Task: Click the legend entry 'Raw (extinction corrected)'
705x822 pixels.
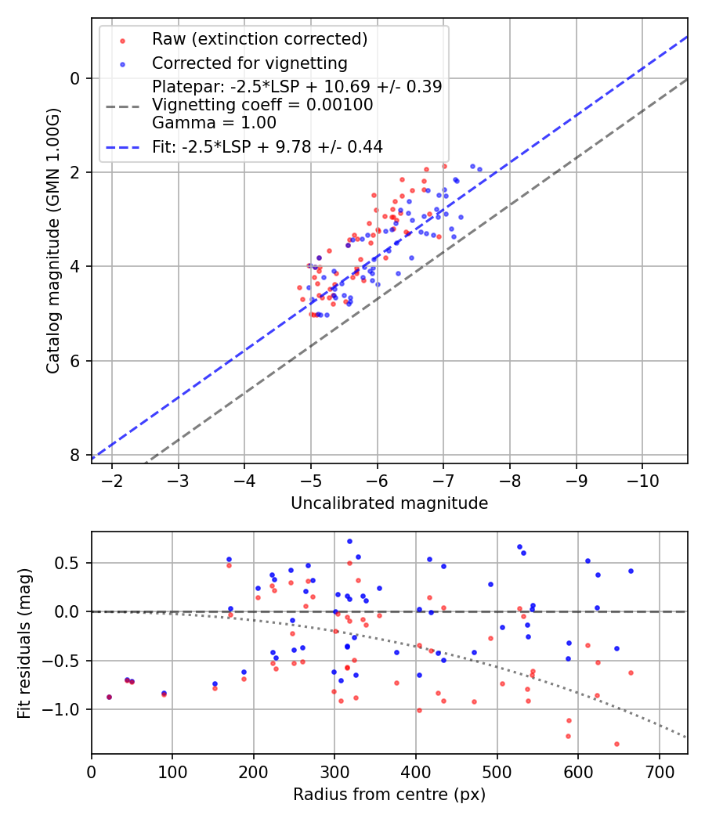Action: click(x=259, y=39)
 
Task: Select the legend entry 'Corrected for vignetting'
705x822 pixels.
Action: click(x=249, y=63)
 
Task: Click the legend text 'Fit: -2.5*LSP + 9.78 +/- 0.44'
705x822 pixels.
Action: click(x=267, y=146)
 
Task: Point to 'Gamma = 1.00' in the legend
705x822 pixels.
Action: click(x=214, y=122)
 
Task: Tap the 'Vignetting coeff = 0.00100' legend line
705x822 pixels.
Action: click(x=262, y=104)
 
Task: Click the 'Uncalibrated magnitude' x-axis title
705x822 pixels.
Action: click(x=389, y=503)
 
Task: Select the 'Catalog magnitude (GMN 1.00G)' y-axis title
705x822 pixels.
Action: click(x=52, y=239)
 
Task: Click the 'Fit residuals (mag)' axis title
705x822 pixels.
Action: click(x=24, y=643)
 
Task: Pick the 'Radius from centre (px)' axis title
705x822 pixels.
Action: click(x=389, y=795)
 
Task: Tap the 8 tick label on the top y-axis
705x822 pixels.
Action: click(x=75, y=455)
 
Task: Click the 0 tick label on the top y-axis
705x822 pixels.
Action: click(x=75, y=78)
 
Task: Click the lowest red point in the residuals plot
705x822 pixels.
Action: click(x=616, y=744)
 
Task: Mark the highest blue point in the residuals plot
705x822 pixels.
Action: click(x=349, y=541)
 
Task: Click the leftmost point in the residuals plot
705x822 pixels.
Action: click(x=109, y=697)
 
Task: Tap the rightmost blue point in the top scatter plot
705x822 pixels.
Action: click(x=479, y=169)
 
